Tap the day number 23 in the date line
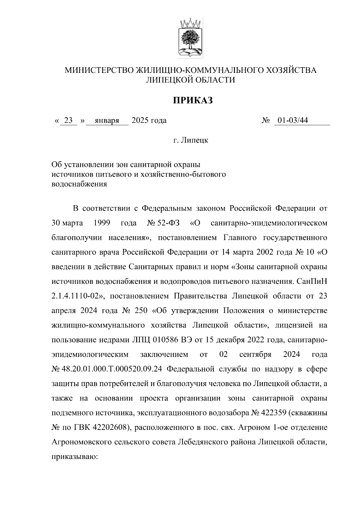69,121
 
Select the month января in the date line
107,121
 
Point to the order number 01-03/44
293,121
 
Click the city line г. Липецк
191,140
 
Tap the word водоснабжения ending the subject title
79,184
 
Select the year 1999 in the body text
102,223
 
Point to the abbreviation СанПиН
311,282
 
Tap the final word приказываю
73,457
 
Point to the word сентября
255,355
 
